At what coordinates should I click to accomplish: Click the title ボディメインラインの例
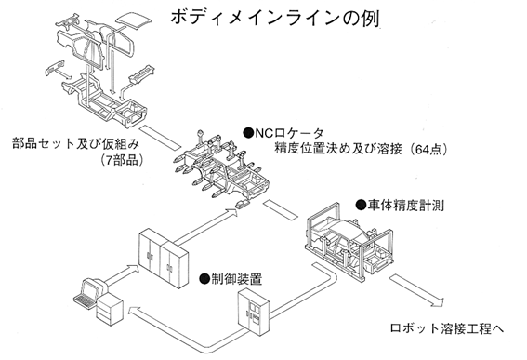click(275, 17)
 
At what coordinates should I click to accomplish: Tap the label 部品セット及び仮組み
click(76, 144)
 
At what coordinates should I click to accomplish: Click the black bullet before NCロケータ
click(248, 134)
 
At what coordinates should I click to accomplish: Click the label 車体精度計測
click(406, 205)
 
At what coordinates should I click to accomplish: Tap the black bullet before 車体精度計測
click(361, 205)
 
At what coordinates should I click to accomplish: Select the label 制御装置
click(237, 278)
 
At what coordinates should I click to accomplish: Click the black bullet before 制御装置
click(204, 278)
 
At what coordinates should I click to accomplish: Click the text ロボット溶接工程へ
click(447, 328)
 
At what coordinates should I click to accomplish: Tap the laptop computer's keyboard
click(86, 300)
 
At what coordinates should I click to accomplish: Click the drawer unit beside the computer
click(110, 309)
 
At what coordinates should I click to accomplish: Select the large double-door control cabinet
click(164, 258)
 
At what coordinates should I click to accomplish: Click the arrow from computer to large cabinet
click(122, 274)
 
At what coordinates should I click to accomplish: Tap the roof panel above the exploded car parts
click(134, 22)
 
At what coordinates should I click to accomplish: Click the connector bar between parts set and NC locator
click(160, 137)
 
